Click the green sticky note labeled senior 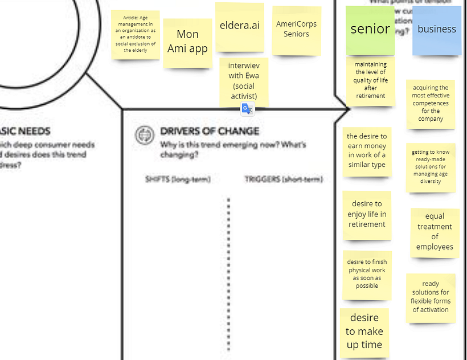(x=370, y=30)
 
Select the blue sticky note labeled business (x=436, y=30)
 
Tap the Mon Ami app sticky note (x=187, y=42)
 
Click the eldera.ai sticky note (x=239, y=26)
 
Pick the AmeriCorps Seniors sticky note (x=296, y=30)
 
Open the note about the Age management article (x=135, y=34)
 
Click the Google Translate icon (x=247, y=109)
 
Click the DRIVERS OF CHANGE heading (x=210, y=131)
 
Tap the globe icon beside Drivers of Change (x=145, y=136)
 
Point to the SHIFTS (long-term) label (x=178, y=179)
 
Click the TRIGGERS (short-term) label (x=284, y=179)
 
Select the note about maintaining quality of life (x=370, y=80)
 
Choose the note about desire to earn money (x=367, y=151)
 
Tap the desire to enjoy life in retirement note (x=367, y=214)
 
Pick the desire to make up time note (x=364, y=332)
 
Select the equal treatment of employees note (x=435, y=231)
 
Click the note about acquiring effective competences (x=431, y=104)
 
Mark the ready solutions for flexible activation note (x=431, y=297)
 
